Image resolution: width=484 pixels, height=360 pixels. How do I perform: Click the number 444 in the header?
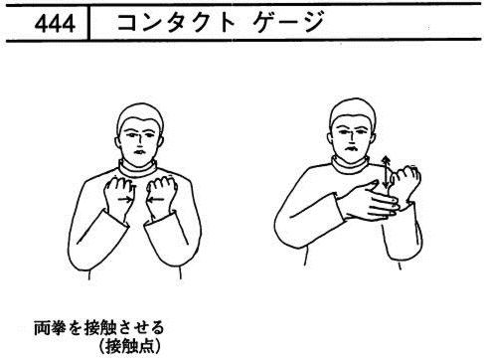(x=55, y=24)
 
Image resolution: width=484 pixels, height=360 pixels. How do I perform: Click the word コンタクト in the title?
(x=176, y=23)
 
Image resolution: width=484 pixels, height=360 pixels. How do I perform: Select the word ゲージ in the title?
(x=288, y=22)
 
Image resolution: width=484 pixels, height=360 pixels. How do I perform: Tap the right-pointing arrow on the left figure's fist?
(x=125, y=199)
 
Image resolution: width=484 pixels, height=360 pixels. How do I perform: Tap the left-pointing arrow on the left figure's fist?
(x=155, y=199)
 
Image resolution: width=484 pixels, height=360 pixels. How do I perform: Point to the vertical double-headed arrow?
(x=386, y=172)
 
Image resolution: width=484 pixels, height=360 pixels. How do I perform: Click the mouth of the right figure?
(x=350, y=148)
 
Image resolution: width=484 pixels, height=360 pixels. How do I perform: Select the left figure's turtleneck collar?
(x=137, y=169)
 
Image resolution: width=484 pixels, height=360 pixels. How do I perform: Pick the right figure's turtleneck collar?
(x=350, y=165)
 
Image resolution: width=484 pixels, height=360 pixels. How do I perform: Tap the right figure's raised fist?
(x=405, y=182)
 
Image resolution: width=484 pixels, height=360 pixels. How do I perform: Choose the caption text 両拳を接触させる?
(x=99, y=328)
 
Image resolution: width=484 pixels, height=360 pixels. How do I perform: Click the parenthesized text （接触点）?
(x=129, y=347)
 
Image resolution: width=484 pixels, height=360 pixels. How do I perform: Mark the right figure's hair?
(x=353, y=110)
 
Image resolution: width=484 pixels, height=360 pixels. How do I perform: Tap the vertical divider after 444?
(x=88, y=23)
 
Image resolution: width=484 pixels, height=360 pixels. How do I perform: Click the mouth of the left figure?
(x=139, y=152)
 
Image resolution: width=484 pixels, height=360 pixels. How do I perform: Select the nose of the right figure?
(x=350, y=136)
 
